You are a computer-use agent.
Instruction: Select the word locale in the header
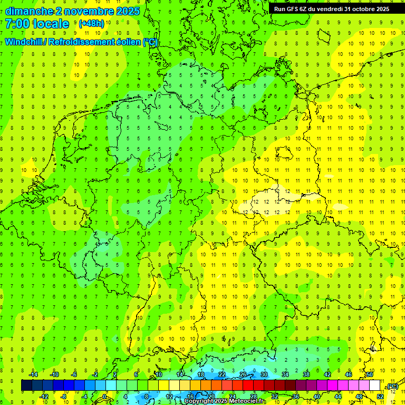click(50, 24)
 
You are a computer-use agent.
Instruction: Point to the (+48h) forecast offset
click(91, 24)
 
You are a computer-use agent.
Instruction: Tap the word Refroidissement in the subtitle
click(84, 42)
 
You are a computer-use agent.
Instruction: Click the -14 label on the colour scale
click(34, 374)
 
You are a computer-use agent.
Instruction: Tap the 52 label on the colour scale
click(380, 396)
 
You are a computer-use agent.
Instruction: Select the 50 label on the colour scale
click(370, 374)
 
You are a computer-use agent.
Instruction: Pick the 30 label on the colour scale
click(264, 374)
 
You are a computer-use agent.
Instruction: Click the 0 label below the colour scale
click(104, 396)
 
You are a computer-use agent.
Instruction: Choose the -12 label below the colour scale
click(44, 396)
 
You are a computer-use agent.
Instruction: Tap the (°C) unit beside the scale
click(392, 386)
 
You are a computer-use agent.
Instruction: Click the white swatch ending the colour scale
click(375, 385)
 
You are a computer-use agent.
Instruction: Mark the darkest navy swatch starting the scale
click(26, 385)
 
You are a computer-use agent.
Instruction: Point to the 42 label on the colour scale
click(327, 374)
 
